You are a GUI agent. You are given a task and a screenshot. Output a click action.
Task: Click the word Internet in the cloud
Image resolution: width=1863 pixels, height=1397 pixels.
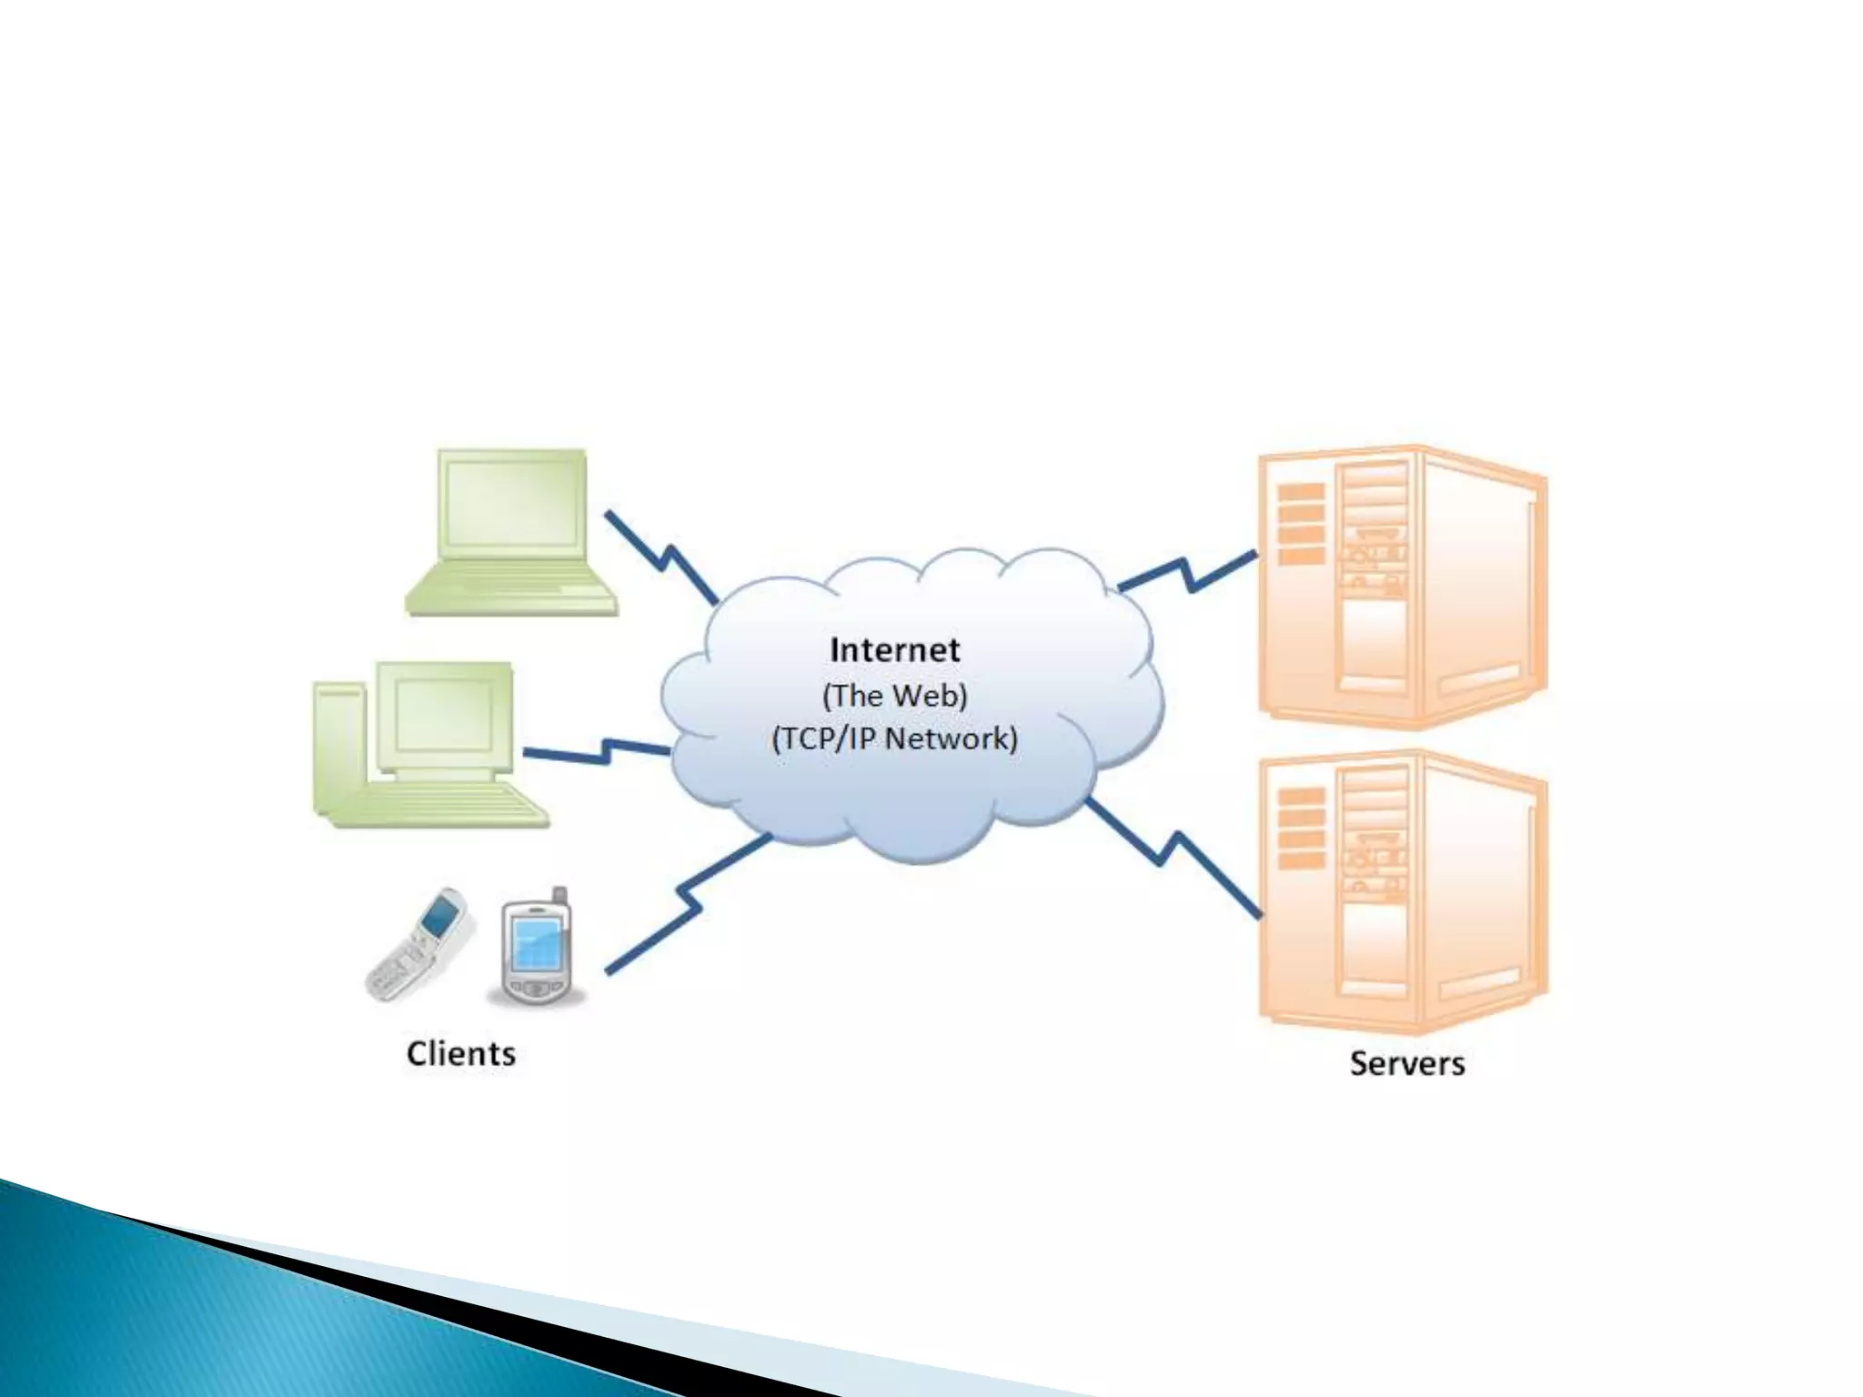click(894, 650)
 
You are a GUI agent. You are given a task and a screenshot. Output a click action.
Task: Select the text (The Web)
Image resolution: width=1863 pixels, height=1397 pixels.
click(894, 696)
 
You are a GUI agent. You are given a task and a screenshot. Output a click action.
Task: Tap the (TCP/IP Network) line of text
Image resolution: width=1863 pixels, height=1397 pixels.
click(894, 738)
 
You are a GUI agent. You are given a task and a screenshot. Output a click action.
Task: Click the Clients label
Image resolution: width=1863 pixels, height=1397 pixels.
click(460, 1054)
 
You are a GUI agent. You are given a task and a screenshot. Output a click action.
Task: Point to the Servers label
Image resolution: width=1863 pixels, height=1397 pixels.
click(1406, 1063)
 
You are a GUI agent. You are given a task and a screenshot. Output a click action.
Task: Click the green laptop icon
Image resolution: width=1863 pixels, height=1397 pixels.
click(511, 533)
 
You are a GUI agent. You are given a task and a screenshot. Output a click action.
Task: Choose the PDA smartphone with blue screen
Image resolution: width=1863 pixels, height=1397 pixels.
click(537, 950)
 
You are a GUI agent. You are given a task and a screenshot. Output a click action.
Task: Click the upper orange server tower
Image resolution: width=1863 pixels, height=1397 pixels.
click(1401, 587)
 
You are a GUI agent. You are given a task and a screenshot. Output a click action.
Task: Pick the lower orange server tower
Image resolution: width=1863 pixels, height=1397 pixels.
click(1401, 891)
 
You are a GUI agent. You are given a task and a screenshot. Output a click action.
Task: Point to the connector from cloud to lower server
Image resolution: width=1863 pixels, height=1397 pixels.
click(1173, 855)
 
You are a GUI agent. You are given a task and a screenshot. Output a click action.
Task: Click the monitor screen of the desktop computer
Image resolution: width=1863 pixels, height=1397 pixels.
click(444, 715)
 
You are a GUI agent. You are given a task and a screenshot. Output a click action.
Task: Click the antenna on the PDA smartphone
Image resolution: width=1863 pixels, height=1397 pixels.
click(559, 896)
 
